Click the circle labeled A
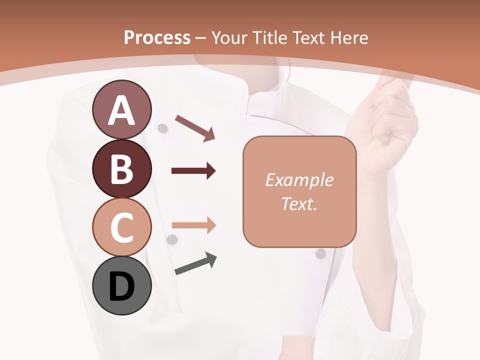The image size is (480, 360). pyautogui.click(x=121, y=110)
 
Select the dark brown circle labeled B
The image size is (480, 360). pyautogui.click(x=121, y=168)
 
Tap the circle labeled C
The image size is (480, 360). pyautogui.click(x=121, y=227)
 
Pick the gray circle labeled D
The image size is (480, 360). pyautogui.click(x=121, y=285)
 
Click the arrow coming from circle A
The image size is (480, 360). pyautogui.click(x=195, y=127)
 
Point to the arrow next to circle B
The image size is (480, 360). pyautogui.click(x=193, y=171)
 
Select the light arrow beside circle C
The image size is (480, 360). pyautogui.click(x=193, y=226)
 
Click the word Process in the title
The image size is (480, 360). pyautogui.click(x=157, y=37)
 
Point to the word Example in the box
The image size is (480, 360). pyautogui.click(x=299, y=180)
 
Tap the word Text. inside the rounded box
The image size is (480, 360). pyautogui.click(x=299, y=203)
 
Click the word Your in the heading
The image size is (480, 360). pyautogui.click(x=229, y=37)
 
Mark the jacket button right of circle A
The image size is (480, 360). pyautogui.click(x=162, y=128)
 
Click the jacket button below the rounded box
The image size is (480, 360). pyautogui.click(x=321, y=253)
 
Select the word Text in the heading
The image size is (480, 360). pyautogui.click(x=308, y=37)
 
